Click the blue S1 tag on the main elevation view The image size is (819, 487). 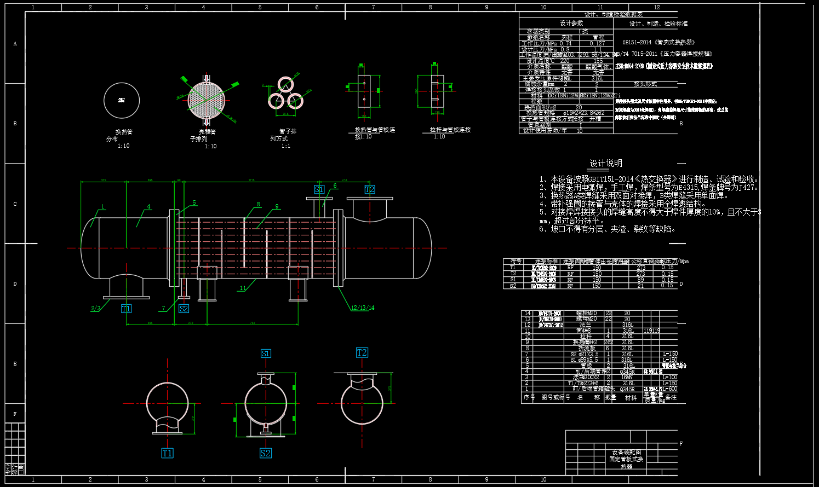[x=319, y=189]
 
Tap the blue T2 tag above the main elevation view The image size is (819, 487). [x=370, y=189]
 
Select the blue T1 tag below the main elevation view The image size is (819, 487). [x=126, y=309]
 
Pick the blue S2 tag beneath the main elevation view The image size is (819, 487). [x=184, y=309]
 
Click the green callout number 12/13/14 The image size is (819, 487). [x=363, y=308]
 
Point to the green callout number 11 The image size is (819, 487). [x=243, y=288]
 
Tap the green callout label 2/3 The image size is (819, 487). [x=96, y=309]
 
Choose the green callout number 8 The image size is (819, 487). [x=259, y=205]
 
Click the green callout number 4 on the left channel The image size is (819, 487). [x=148, y=207]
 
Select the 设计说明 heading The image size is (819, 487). [x=606, y=163]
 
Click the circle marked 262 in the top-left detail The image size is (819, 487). [x=122, y=100]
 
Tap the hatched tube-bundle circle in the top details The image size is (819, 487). [x=207, y=100]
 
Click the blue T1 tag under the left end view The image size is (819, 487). [x=167, y=453]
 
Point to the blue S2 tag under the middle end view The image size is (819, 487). [x=265, y=453]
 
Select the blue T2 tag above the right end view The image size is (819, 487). [x=362, y=352]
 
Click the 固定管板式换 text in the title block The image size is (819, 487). [x=626, y=459]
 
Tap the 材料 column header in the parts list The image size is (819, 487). [x=631, y=398]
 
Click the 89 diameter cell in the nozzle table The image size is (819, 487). [x=640, y=280]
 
